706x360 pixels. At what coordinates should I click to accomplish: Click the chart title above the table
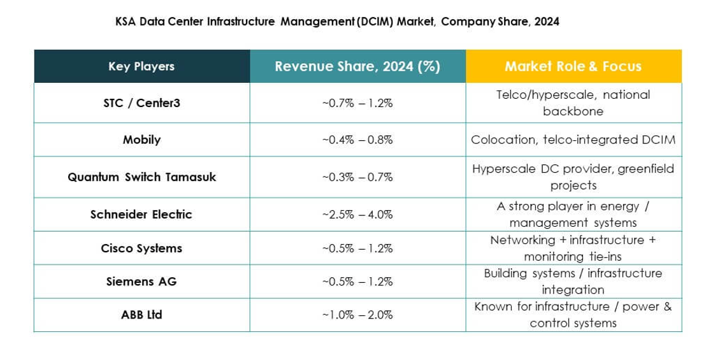click(337, 21)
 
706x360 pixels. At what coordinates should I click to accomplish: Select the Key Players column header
click(141, 66)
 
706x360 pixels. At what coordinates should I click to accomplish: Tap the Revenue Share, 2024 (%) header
click(357, 66)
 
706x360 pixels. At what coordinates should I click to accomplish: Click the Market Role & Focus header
click(573, 66)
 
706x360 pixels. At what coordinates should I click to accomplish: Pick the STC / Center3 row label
click(141, 102)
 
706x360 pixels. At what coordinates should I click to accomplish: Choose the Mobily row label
click(141, 140)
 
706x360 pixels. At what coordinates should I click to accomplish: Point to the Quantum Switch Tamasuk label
click(141, 177)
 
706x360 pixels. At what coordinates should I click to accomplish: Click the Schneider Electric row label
click(141, 215)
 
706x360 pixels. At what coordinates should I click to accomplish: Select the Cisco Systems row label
click(141, 248)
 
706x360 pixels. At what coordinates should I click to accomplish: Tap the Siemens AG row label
click(141, 281)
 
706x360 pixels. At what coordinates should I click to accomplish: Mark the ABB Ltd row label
click(141, 314)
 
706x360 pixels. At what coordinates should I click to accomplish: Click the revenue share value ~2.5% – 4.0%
click(357, 215)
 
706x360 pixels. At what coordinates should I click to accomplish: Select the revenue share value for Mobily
click(357, 140)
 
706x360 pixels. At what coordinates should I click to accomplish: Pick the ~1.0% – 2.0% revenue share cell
click(357, 314)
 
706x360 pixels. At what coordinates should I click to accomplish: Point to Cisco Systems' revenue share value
click(357, 248)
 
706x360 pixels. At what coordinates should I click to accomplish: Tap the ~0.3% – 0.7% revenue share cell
click(357, 177)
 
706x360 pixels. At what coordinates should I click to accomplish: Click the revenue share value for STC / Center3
click(357, 102)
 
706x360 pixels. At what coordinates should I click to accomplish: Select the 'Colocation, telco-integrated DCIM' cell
click(573, 140)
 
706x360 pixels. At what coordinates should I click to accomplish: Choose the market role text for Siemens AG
click(573, 281)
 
